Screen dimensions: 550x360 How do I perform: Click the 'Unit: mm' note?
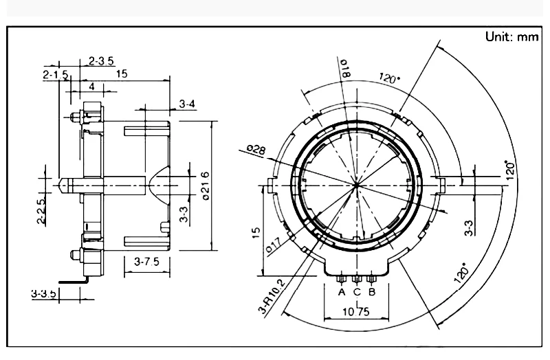click(x=511, y=36)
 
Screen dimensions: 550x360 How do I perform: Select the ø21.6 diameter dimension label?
click(x=206, y=185)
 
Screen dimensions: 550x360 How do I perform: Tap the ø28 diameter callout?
click(x=256, y=150)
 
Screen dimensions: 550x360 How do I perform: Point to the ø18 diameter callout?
click(x=345, y=68)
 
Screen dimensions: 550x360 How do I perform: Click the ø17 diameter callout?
click(x=273, y=245)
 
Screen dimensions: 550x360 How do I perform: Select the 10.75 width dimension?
click(x=356, y=312)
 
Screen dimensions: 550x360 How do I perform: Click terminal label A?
click(x=342, y=292)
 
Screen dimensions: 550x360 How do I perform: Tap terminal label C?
click(x=357, y=292)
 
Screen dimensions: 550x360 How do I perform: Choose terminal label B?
click(x=372, y=292)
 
